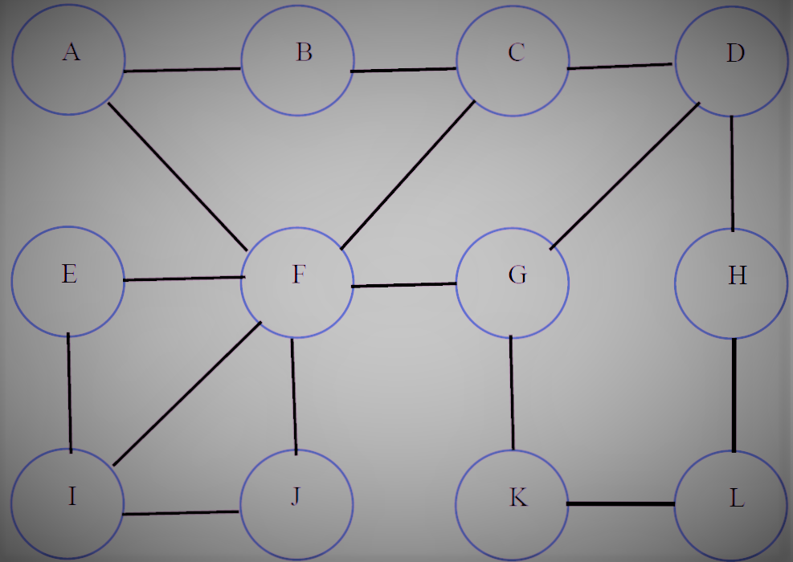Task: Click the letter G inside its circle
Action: pos(517,275)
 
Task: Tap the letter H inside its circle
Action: pos(737,275)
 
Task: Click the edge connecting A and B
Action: pos(182,70)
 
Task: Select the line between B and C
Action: pos(404,70)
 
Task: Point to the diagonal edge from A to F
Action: pos(178,173)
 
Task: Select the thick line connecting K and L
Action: pos(621,504)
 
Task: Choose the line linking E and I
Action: pos(69,393)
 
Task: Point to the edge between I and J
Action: pos(181,512)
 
